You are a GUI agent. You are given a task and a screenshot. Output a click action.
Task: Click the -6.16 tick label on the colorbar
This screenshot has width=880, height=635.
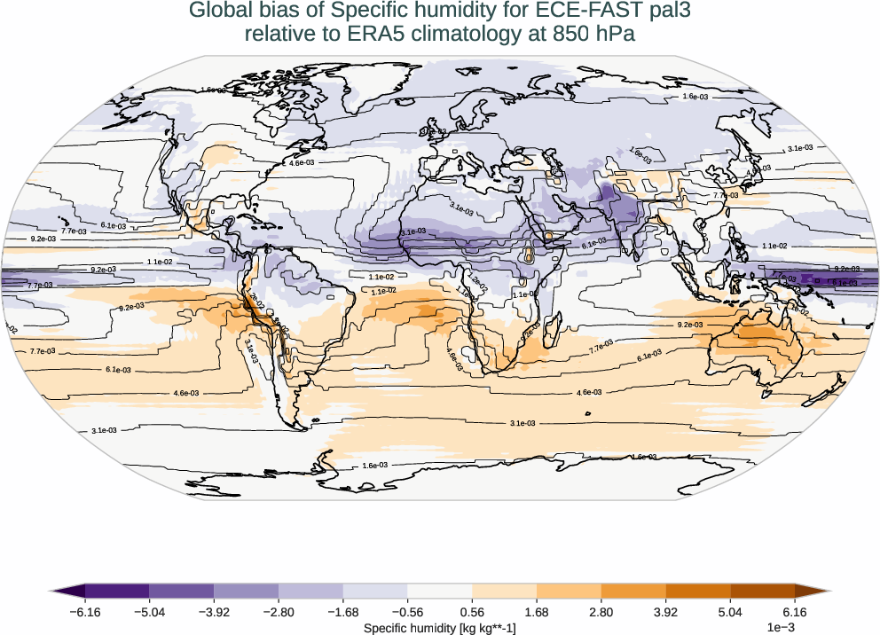point(85,612)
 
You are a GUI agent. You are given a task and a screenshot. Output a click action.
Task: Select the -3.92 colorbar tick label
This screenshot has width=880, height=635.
point(214,612)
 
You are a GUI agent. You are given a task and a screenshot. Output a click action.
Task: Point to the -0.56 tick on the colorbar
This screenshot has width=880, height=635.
point(407,612)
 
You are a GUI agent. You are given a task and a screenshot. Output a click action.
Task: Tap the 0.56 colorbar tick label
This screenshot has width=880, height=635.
point(472,612)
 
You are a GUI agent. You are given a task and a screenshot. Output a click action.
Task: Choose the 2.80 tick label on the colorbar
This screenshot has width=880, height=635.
point(601,612)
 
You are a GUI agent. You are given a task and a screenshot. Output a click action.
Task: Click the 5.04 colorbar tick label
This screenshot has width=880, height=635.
point(730,612)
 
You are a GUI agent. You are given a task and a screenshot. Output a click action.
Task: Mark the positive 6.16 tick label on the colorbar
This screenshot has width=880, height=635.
point(795,612)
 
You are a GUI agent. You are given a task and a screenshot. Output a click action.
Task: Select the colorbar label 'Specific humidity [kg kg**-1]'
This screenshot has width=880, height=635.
point(440,628)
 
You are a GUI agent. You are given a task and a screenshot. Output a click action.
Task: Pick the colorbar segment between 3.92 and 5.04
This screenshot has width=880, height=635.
point(697,591)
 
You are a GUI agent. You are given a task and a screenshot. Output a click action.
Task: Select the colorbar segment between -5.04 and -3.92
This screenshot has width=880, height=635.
point(181,591)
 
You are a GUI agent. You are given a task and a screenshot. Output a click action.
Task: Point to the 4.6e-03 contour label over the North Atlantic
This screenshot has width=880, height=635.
point(302,163)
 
